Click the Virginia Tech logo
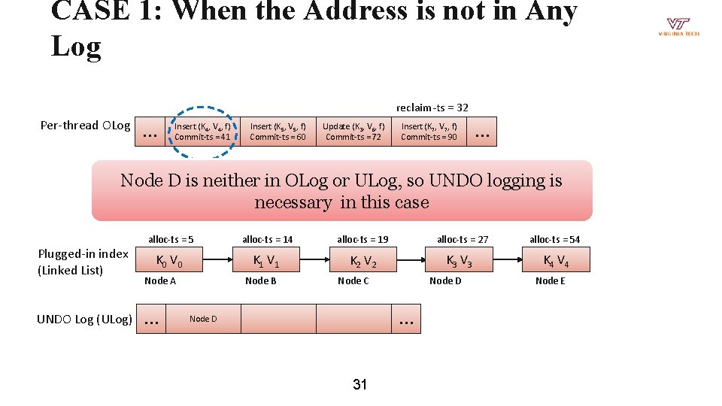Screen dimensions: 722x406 tap(678, 27)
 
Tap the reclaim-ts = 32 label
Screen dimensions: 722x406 tap(432, 108)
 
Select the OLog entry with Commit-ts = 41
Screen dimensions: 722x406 tap(202, 132)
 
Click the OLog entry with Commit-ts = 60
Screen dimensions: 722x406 tap(278, 132)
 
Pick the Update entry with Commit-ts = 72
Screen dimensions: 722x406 tap(353, 132)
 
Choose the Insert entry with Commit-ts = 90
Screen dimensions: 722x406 tap(429, 132)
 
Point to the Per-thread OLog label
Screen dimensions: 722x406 tap(85, 126)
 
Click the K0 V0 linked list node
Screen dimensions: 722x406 tap(168, 262)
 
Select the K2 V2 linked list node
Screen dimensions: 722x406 tap(363, 262)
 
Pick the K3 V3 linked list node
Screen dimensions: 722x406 tap(459, 262)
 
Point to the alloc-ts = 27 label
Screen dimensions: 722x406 tap(463, 239)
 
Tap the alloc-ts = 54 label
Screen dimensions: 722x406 tap(554, 239)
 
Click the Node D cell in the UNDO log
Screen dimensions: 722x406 tap(203, 319)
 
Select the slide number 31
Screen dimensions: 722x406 tap(360, 385)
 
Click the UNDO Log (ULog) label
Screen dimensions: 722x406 tap(84, 320)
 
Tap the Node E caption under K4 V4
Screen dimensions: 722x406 tap(551, 280)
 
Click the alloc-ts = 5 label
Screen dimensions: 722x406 tap(171, 239)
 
